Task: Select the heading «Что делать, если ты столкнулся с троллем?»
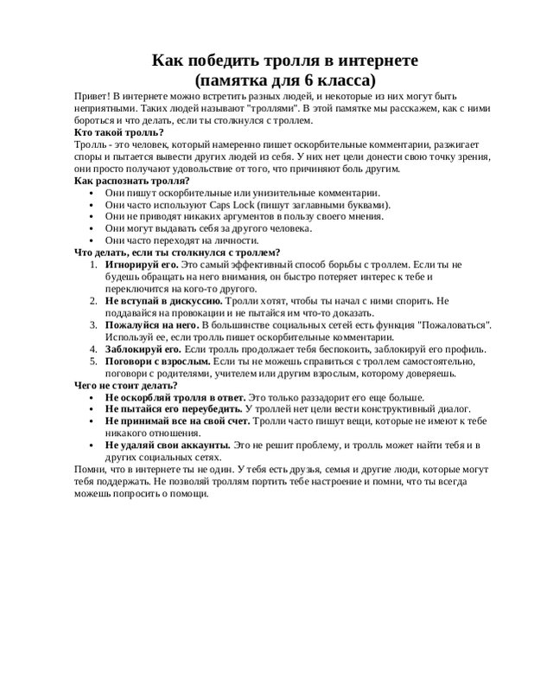[176, 252]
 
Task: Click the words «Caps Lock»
[227, 204]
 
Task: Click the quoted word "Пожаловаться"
[456, 324]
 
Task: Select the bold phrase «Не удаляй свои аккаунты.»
[168, 445]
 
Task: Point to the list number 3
[95, 324]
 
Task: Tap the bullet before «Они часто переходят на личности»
[92, 240]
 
